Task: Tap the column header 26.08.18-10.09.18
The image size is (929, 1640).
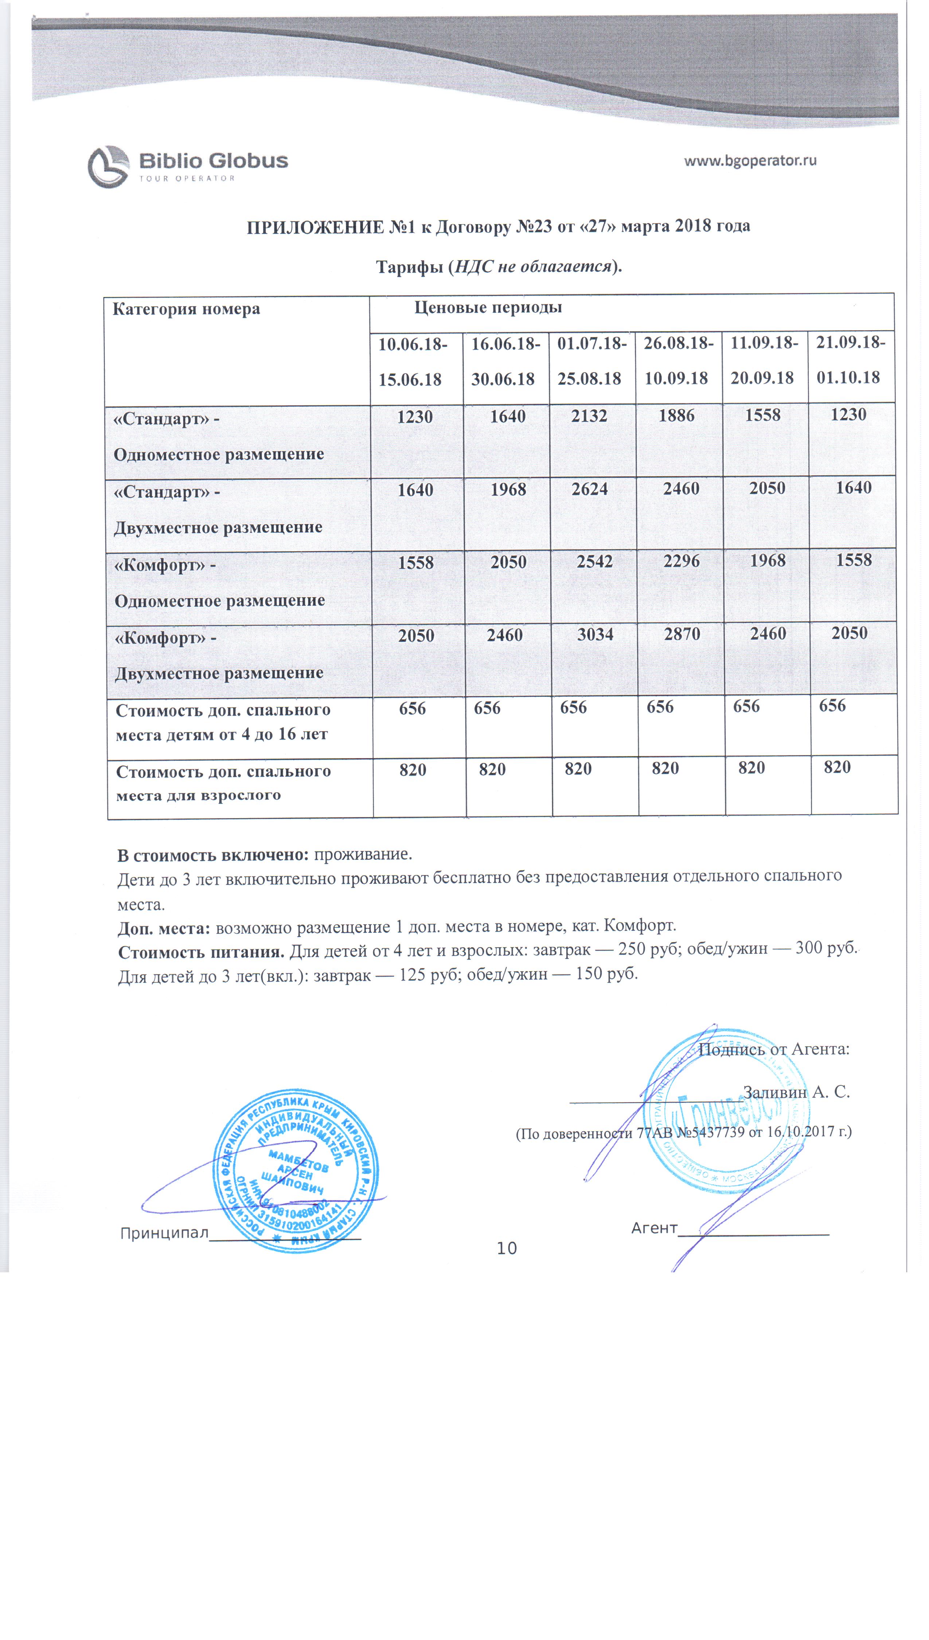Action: click(678, 360)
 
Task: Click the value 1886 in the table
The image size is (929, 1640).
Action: click(676, 416)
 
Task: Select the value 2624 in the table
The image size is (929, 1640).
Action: click(590, 489)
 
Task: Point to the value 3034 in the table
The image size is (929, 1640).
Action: click(595, 634)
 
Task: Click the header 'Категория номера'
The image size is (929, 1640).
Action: click(186, 309)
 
